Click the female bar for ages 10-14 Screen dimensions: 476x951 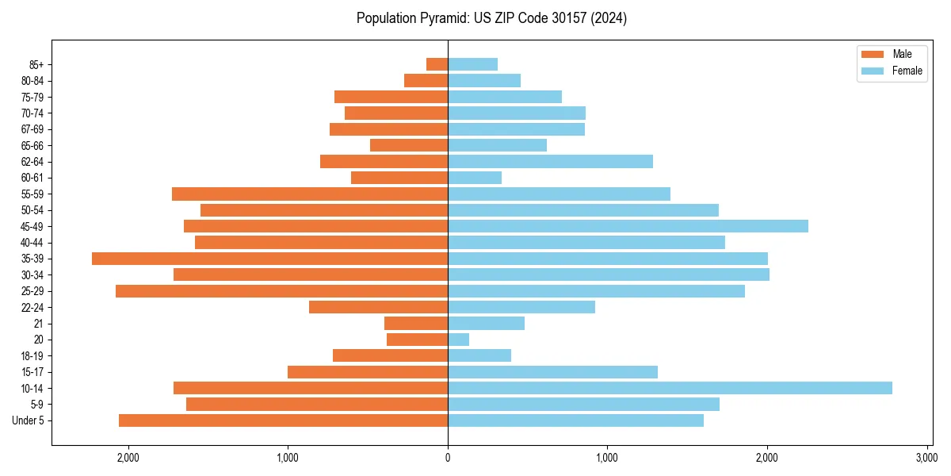pyautogui.click(x=670, y=388)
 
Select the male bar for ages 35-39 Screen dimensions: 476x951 pyautogui.click(x=269, y=259)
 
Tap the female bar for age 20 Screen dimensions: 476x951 pyautogui.click(x=458, y=340)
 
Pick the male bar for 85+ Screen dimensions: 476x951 pyautogui.click(x=437, y=64)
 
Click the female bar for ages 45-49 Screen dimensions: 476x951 pyautogui.click(x=628, y=226)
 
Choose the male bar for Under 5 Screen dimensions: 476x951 pyautogui.click(x=283, y=420)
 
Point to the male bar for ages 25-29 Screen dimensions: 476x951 pyautogui.click(x=281, y=291)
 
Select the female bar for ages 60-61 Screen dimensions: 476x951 pyautogui.click(x=475, y=178)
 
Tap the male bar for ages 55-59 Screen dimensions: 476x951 pyautogui.click(x=310, y=194)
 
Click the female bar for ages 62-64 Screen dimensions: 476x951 pyautogui.click(x=550, y=161)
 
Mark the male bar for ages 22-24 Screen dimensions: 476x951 pyautogui.click(x=378, y=307)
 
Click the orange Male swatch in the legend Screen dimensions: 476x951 pyautogui.click(x=872, y=54)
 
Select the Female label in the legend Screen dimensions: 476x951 pyautogui.click(x=907, y=71)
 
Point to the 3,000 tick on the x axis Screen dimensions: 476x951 pyautogui.click(x=926, y=457)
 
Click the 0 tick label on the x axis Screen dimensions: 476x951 pyautogui.click(x=448, y=457)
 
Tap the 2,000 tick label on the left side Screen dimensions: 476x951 pyautogui.click(x=128, y=457)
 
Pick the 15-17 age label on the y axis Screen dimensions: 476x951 pyautogui.click(x=32, y=372)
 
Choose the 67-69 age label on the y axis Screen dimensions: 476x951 pyautogui.click(x=32, y=129)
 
